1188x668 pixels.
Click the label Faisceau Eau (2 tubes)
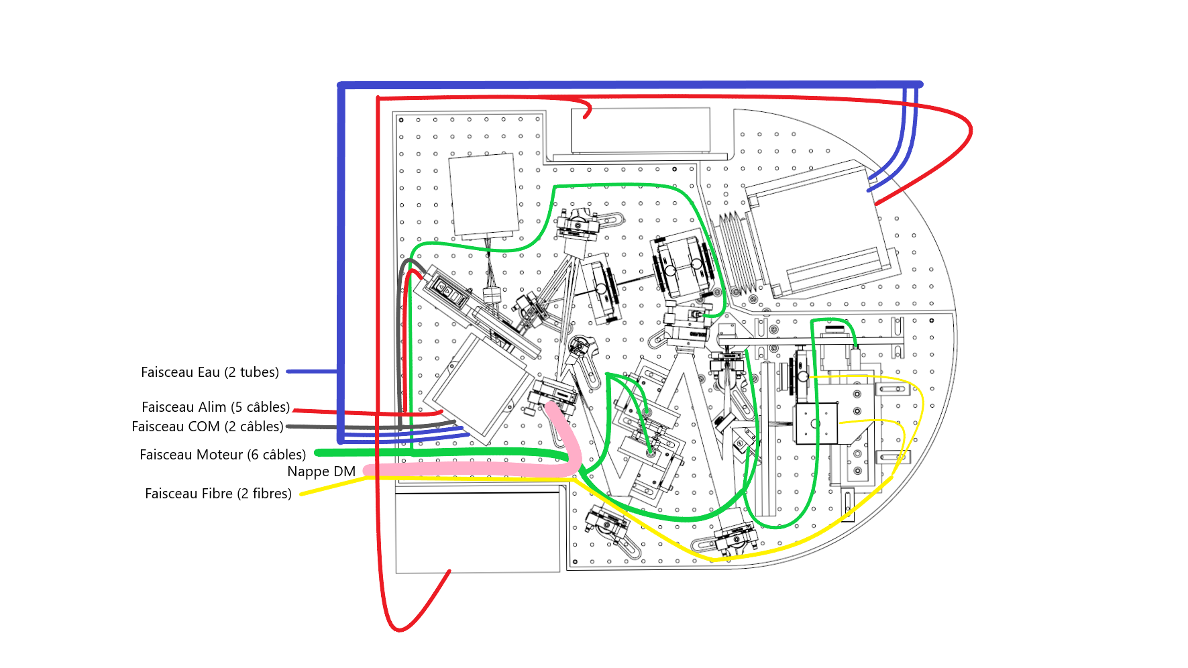(209, 372)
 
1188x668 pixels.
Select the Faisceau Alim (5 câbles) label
(215, 407)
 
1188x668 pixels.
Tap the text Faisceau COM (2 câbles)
(207, 427)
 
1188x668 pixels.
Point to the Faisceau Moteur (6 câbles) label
(222, 455)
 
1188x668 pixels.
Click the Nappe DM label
(321, 471)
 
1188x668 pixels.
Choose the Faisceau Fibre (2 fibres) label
(218, 494)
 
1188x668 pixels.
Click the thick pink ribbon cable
(470, 469)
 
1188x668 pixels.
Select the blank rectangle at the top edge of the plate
(640, 130)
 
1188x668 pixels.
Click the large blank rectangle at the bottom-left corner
(478, 533)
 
